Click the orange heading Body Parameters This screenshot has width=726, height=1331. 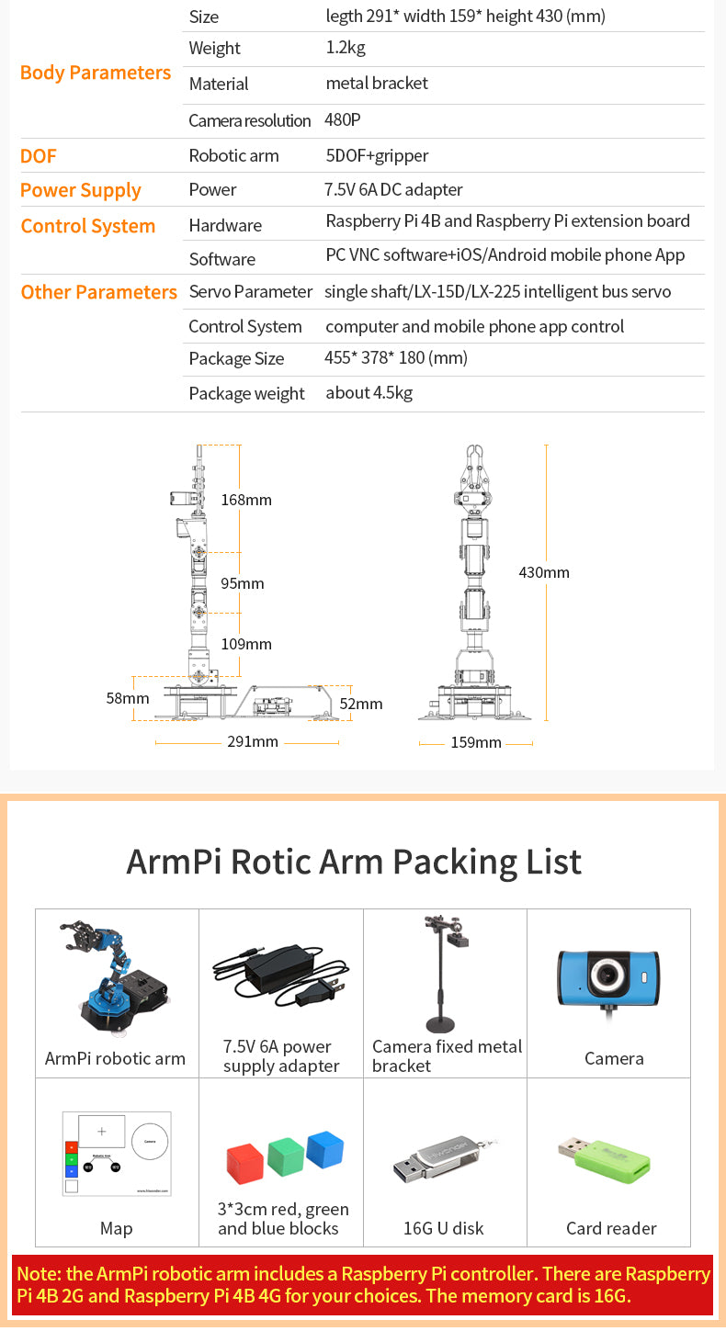tap(96, 73)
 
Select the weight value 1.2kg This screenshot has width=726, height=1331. tap(346, 48)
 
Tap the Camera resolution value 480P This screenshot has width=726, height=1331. tap(343, 119)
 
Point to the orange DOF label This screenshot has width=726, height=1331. tap(38, 155)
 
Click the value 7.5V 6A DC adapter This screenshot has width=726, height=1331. tap(393, 189)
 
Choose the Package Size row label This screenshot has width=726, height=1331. tap(236, 359)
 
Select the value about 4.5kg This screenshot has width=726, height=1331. tap(369, 393)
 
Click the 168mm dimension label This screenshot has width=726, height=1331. tap(246, 500)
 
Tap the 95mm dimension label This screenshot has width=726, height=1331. tap(242, 583)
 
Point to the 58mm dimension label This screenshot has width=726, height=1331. tap(127, 698)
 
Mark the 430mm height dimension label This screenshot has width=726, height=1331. tap(543, 572)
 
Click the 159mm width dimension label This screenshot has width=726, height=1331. tap(476, 742)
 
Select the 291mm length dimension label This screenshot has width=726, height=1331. tap(252, 741)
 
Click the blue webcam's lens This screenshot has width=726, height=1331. tap(608, 975)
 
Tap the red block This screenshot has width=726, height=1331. tap(245, 1164)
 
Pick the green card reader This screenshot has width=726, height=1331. tap(605, 1159)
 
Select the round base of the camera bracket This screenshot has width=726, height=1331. tap(440, 1025)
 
